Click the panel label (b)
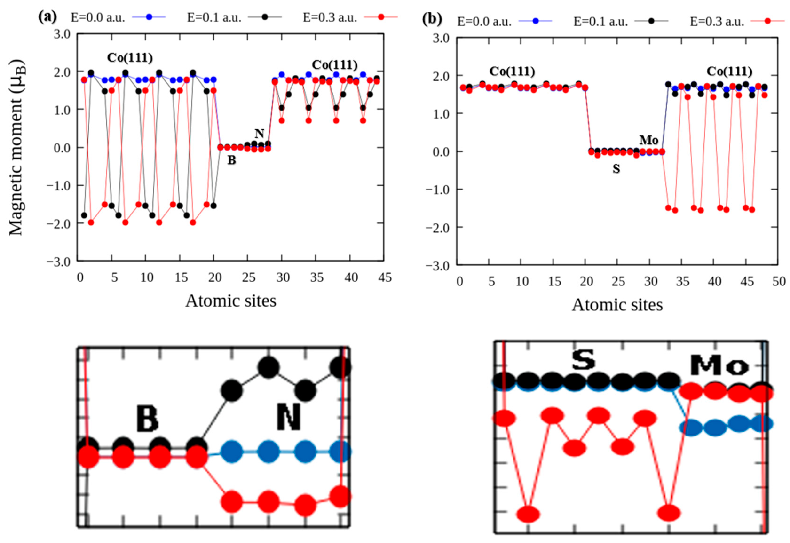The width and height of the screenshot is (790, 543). pyautogui.click(x=432, y=20)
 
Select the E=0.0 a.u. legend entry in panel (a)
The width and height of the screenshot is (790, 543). pyautogui.click(x=98, y=17)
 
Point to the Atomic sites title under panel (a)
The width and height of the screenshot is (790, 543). pyautogui.click(x=231, y=301)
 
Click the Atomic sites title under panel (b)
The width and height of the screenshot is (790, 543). pyautogui.click(x=617, y=305)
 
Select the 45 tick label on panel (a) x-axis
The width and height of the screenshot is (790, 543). pyautogui.click(x=385, y=278)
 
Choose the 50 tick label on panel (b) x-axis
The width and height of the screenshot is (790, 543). pyautogui.click(x=778, y=282)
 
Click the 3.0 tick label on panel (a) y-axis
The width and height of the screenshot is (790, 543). pyautogui.click(x=62, y=34)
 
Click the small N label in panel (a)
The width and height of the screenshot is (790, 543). pyautogui.click(x=260, y=133)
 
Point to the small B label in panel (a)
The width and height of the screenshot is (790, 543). pyautogui.click(x=232, y=160)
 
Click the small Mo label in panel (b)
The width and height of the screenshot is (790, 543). pyautogui.click(x=648, y=140)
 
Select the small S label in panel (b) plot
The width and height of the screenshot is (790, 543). pyautogui.click(x=616, y=169)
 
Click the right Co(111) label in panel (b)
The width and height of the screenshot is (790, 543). pyautogui.click(x=729, y=71)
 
